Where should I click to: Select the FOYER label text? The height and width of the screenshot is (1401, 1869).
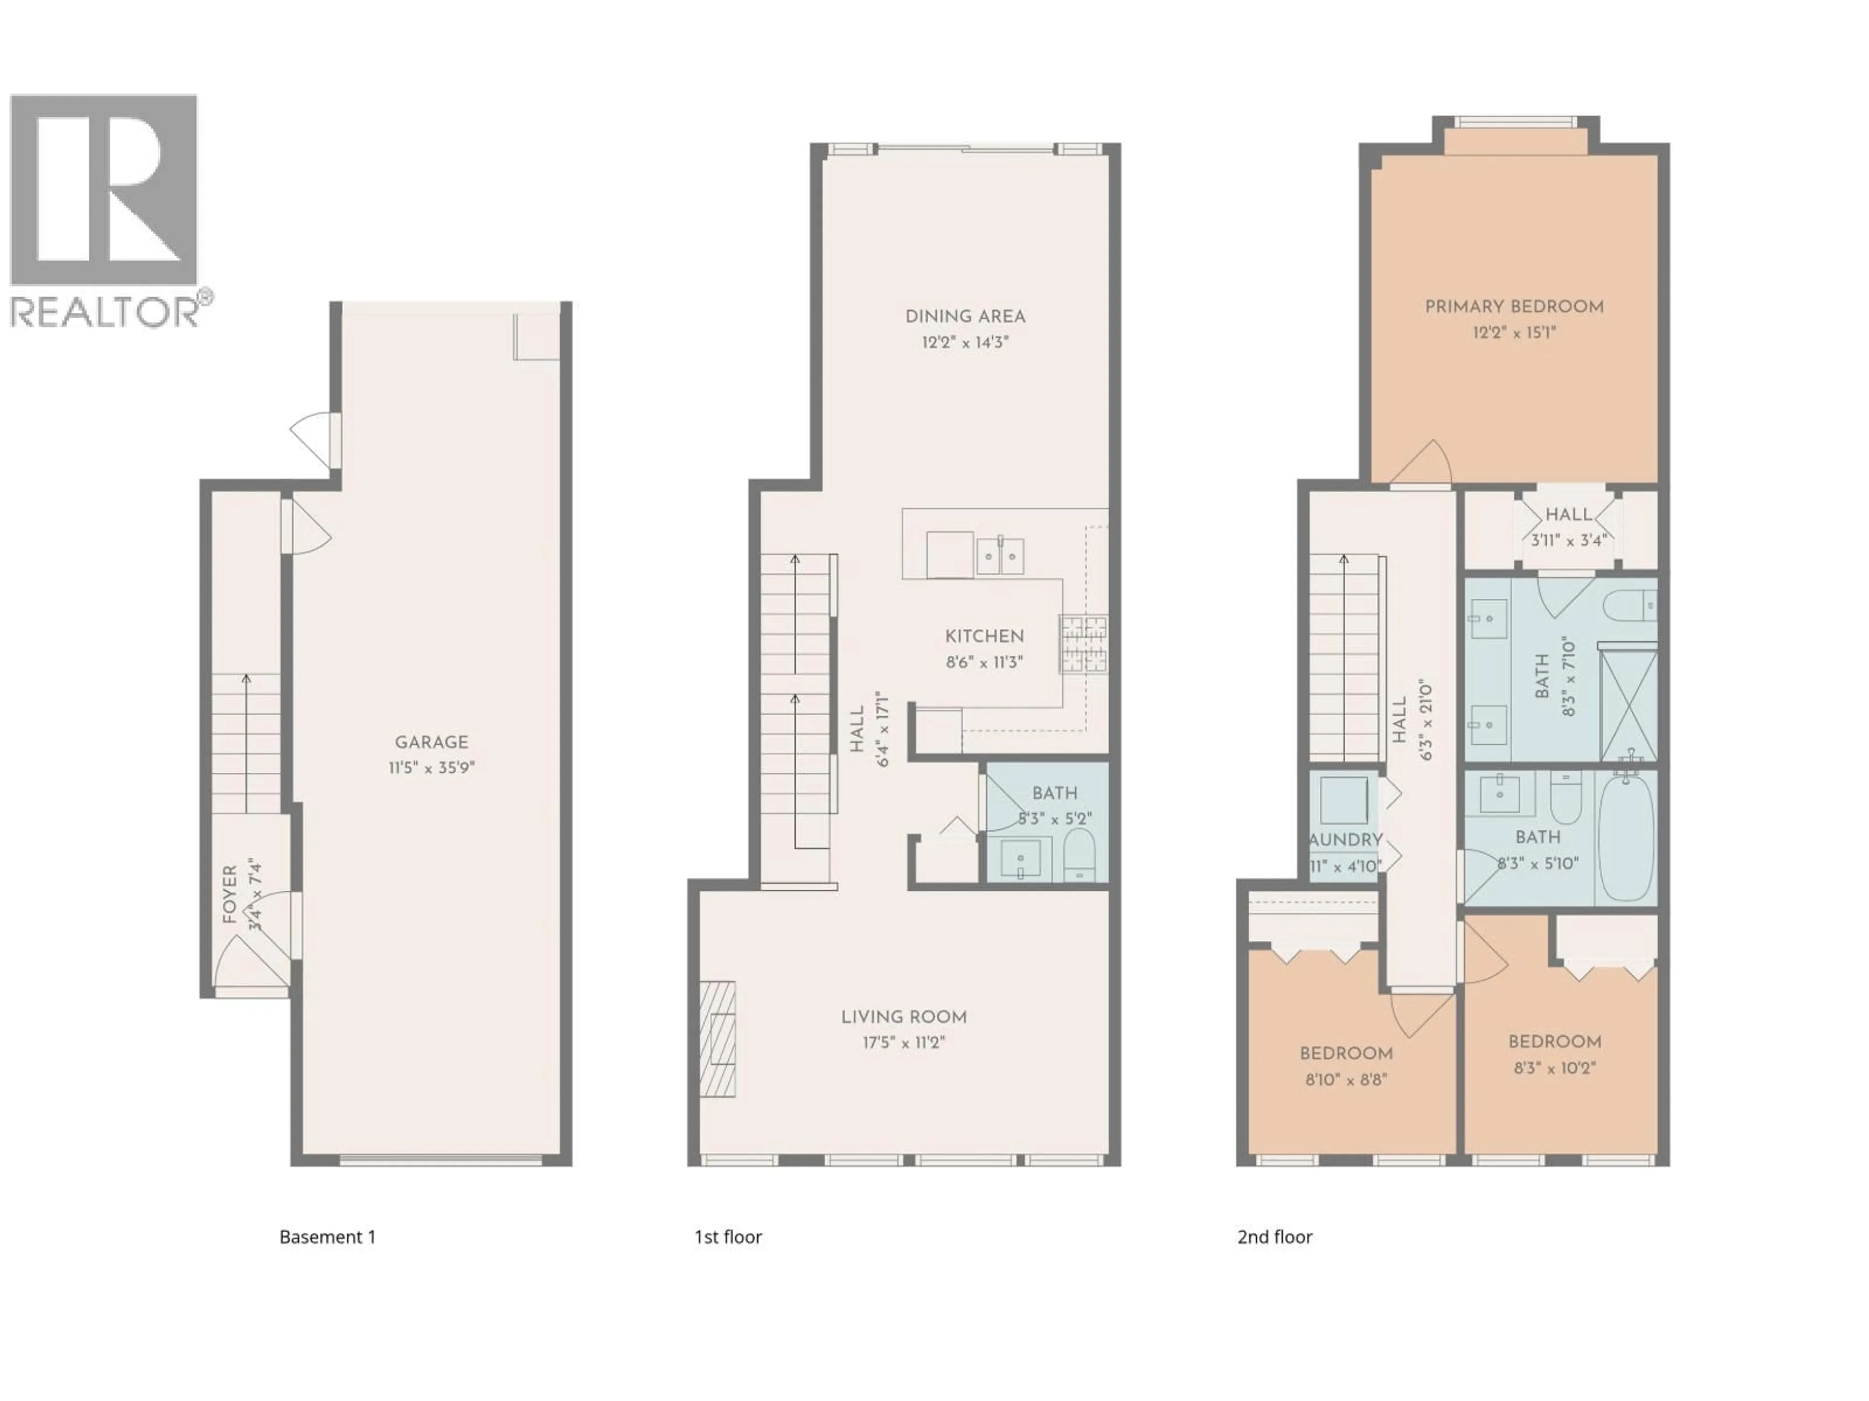tap(230, 894)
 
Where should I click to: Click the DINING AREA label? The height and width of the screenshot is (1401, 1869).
tap(965, 317)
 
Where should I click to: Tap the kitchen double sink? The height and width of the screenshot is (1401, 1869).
tap(1000, 556)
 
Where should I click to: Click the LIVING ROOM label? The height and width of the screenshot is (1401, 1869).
tap(903, 1018)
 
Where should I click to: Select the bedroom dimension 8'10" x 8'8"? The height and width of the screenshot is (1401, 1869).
tap(1346, 1079)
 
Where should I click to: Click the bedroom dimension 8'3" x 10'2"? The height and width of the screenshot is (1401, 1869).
tap(1555, 1067)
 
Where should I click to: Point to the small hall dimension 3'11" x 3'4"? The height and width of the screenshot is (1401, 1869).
tap(1568, 540)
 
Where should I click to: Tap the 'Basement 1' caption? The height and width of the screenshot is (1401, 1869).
tap(327, 1237)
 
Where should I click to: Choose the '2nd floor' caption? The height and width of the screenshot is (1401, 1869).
tap(1274, 1237)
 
